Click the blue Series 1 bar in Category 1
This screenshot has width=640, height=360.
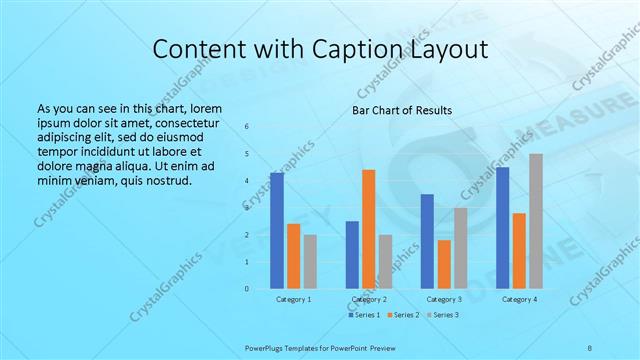pos(276,230)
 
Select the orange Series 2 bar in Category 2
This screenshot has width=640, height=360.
pos(368,229)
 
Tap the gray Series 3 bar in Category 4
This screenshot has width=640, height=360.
pos(536,221)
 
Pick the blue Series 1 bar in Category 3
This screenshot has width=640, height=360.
pos(427,241)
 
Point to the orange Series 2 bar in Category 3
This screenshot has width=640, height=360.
pos(444,264)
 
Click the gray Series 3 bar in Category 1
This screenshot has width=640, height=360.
pos(310,261)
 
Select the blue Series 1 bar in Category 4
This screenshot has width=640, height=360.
pos(502,228)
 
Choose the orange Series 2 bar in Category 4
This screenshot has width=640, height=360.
pos(519,250)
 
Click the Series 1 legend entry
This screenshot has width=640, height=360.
pos(365,315)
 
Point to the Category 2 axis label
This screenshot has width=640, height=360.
pos(369,299)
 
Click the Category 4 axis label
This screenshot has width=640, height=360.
pos(519,299)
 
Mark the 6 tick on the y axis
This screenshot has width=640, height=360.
pos(247,126)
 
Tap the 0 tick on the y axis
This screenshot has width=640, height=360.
pos(247,289)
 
